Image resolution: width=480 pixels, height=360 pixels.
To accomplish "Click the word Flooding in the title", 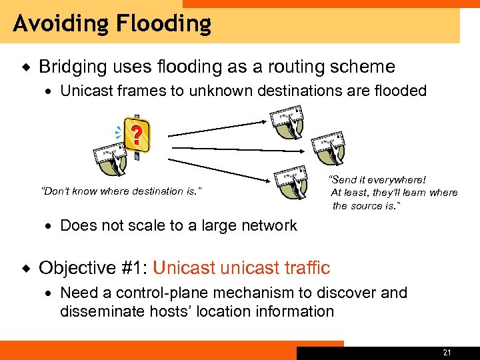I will point(163,24).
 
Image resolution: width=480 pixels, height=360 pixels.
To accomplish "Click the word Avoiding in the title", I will point(61,24).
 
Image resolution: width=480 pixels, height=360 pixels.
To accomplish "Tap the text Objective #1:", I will point(93,268).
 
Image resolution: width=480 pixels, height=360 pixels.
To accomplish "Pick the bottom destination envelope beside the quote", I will point(292,181).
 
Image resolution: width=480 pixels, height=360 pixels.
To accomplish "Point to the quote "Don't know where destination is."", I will point(121,191).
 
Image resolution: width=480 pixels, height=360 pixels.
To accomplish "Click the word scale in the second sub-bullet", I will point(151,225).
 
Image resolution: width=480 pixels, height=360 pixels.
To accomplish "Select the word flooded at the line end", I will point(399,91).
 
